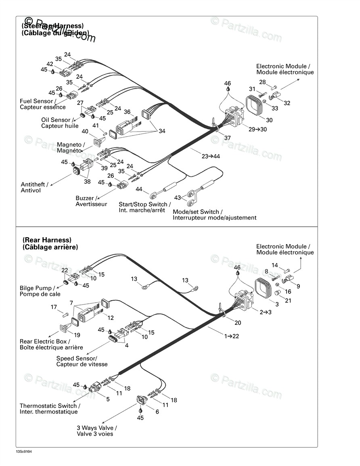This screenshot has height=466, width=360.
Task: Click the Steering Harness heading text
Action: [x=52, y=26]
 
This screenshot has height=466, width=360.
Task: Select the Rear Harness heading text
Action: [x=47, y=240]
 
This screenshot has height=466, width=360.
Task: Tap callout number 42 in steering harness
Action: [x=50, y=64]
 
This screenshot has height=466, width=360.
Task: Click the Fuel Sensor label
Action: [x=36, y=101]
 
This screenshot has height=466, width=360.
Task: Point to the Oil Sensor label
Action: [x=57, y=120]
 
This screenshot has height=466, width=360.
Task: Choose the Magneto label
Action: [x=71, y=144]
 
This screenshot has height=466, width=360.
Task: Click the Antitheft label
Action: [x=34, y=184]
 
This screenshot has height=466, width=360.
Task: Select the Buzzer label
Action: [x=86, y=198]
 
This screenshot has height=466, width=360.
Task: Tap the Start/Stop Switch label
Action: [x=144, y=205]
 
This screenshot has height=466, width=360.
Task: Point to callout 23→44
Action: [x=210, y=156]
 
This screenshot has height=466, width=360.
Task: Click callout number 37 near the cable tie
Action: [x=228, y=138]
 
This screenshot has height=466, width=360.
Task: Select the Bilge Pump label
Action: [x=36, y=288]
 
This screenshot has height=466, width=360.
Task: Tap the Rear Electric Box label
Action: [x=44, y=341]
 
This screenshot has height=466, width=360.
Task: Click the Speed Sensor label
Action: [x=77, y=358]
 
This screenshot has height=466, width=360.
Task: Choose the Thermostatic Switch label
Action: [x=50, y=406]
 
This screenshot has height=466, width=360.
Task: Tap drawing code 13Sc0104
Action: [x=24, y=451]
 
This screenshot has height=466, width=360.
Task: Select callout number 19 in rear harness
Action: [x=77, y=334]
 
